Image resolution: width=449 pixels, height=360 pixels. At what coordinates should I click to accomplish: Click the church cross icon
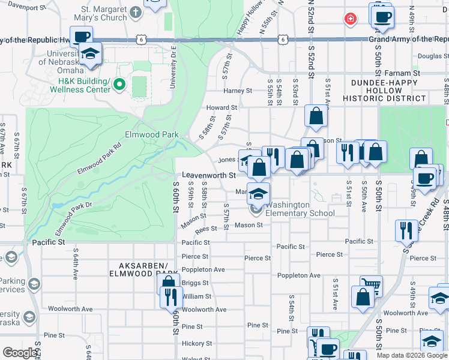pyautogui.click(x=136, y=12)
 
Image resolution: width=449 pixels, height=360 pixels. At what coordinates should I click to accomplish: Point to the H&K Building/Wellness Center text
pyautogui.click(x=83, y=86)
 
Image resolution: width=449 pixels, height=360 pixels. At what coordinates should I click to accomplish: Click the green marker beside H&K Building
pyautogui.click(x=119, y=85)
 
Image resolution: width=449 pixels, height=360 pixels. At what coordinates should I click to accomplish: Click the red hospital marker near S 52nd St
pyautogui.click(x=349, y=19)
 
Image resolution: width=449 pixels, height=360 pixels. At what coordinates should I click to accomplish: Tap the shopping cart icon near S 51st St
pyautogui.click(x=371, y=284)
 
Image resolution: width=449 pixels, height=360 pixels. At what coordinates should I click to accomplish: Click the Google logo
pyautogui.click(x=20, y=353)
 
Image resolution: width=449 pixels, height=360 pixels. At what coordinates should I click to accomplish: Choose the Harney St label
pyautogui.click(x=238, y=91)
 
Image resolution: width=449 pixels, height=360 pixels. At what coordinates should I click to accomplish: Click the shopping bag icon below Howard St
pyautogui.click(x=316, y=116)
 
